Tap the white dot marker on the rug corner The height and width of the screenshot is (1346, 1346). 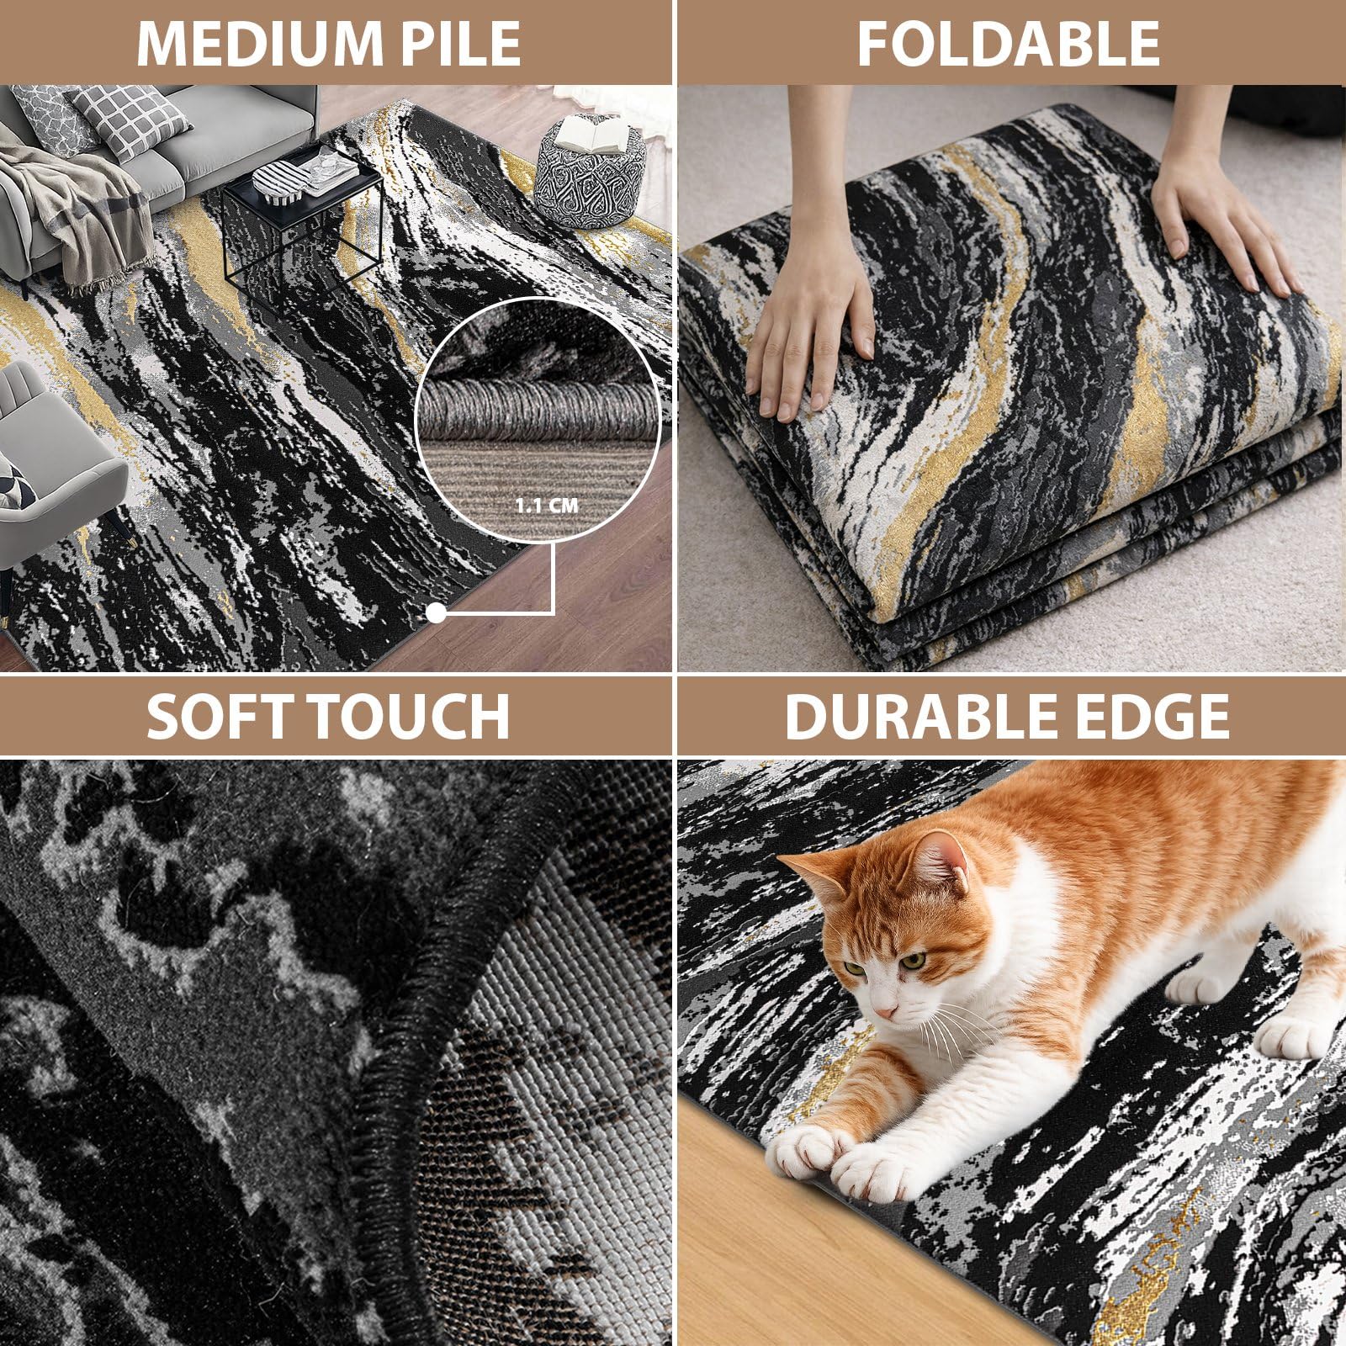[x=436, y=613]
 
